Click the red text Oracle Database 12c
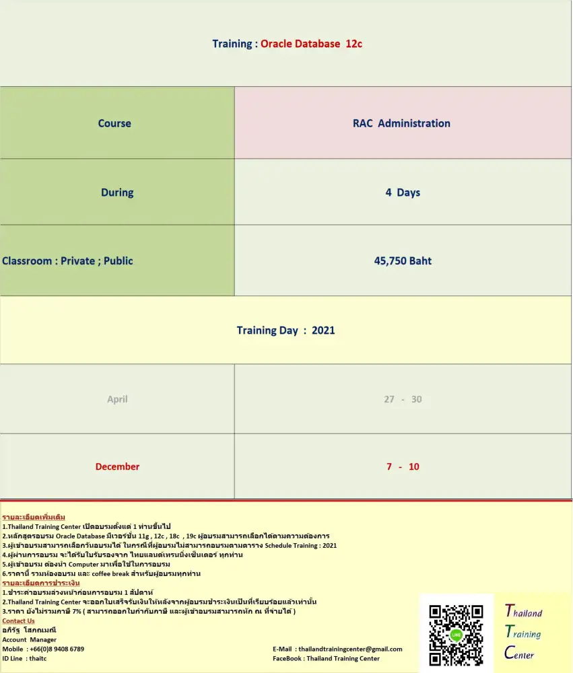pos(312,44)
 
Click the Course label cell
pos(114,123)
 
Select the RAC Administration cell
pos(401,123)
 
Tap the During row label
pos(117,192)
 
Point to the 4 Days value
pos(403,192)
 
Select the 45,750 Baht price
pos(403,260)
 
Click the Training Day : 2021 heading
pos(285,330)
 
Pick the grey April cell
pos(117,399)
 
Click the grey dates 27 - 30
pos(403,399)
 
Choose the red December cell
pos(117,466)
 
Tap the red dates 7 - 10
pos(403,466)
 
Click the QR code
pos(456,635)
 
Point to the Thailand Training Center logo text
pos(524,633)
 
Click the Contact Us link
pos(18,621)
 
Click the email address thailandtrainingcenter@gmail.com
pos(350,649)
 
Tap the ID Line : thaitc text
pos(24,658)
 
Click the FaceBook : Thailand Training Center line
pos(326,658)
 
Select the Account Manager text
pos(30,639)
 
